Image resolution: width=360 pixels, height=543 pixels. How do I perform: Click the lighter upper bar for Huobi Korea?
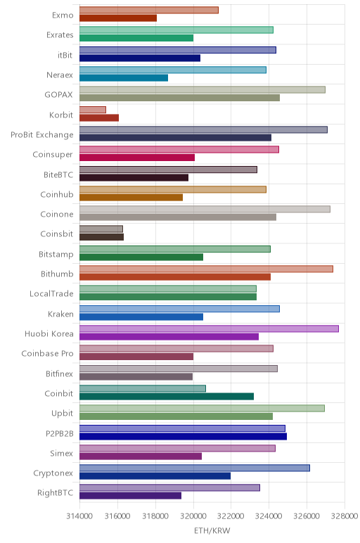tap(209, 328)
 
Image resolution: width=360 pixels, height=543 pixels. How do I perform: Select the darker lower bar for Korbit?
tap(99, 117)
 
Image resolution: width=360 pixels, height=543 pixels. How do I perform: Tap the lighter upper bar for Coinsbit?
tap(101, 229)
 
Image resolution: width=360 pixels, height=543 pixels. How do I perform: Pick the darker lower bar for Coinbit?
tap(167, 396)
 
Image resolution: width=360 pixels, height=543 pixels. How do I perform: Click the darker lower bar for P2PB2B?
tap(183, 436)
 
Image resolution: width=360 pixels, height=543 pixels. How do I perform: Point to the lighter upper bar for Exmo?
tap(149, 10)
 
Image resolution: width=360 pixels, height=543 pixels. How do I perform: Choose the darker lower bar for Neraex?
tap(124, 78)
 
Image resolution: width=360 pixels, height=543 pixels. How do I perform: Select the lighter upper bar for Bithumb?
tap(206, 269)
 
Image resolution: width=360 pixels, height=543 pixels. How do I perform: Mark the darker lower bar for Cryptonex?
tap(155, 475)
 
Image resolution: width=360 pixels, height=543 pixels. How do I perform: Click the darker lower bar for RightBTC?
tap(131, 496)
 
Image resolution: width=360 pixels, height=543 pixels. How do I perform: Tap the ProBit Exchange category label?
tap(42, 135)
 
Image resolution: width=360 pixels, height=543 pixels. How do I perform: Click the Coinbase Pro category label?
tap(47, 354)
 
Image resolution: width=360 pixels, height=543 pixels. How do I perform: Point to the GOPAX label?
tap(59, 94)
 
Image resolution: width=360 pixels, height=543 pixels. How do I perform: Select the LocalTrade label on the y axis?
tap(51, 294)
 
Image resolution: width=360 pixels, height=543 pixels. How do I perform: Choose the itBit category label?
tap(65, 55)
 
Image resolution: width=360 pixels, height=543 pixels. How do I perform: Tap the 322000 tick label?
tap(231, 516)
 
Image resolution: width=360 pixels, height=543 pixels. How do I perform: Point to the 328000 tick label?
tap(344, 516)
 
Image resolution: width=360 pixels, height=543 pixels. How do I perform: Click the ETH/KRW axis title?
tap(212, 530)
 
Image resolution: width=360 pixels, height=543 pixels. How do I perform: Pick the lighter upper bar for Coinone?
tap(205, 209)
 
